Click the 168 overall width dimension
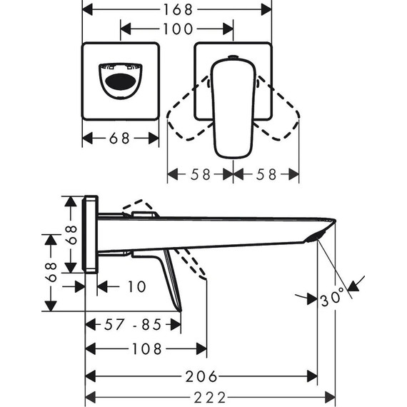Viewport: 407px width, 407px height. (x=177, y=9)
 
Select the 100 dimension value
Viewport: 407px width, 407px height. (x=177, y=29)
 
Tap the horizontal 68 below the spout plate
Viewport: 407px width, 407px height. (x=120, y=139)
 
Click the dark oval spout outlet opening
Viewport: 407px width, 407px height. (x=119, y=81)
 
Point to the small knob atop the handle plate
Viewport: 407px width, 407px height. (x=233, y=56)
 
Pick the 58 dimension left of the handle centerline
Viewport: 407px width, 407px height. (x=200, y=174)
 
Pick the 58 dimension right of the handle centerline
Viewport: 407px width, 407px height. (x=266, y=174)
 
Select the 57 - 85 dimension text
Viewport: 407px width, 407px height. (x=133, y=325)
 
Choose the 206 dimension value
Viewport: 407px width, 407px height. (x=201, y=376)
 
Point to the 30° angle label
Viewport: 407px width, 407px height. (x=333, y=296)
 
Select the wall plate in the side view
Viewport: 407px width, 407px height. (x=91, y=233)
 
